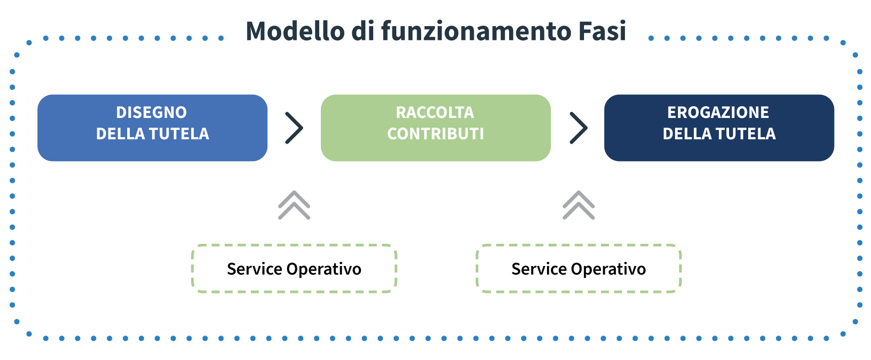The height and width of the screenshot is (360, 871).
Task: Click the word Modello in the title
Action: point(295,31)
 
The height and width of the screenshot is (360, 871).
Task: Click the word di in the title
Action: point(363,31)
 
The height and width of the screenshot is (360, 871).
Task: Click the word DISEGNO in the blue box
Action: point(152,112)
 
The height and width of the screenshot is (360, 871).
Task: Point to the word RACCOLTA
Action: point(435,112)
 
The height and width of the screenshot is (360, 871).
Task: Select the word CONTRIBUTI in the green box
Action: point(435,134)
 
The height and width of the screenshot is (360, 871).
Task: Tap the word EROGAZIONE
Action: point(718,112)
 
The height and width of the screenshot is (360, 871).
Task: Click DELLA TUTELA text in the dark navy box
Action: point(719,134)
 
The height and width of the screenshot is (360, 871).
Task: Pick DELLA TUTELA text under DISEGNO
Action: point(152,134)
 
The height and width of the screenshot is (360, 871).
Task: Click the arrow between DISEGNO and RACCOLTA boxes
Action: point(294,128)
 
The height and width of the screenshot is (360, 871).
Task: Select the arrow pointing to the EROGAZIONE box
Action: point(579,128)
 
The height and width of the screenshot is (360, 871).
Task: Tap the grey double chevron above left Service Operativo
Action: point(294,205)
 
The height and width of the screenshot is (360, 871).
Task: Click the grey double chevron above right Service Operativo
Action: point(579,205)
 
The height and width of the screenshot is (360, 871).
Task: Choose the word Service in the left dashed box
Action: point(255,269)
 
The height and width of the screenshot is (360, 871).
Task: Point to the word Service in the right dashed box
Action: point(539,269)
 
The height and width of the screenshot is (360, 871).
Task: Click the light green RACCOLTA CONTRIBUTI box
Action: point(435,128)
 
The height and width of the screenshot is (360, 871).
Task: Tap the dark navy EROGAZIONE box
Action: point(719,128)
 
